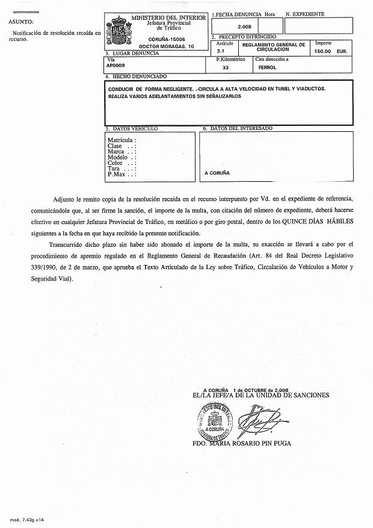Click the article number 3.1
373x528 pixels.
click(221, 52)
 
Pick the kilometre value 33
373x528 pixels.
click(226, 68)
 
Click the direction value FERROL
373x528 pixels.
click(267, 68)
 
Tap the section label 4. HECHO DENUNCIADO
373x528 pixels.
click(134, 77)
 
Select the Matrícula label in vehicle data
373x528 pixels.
click(122, 140)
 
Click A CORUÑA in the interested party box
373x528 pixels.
click(217, 173)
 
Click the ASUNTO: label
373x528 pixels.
click(21, 22)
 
